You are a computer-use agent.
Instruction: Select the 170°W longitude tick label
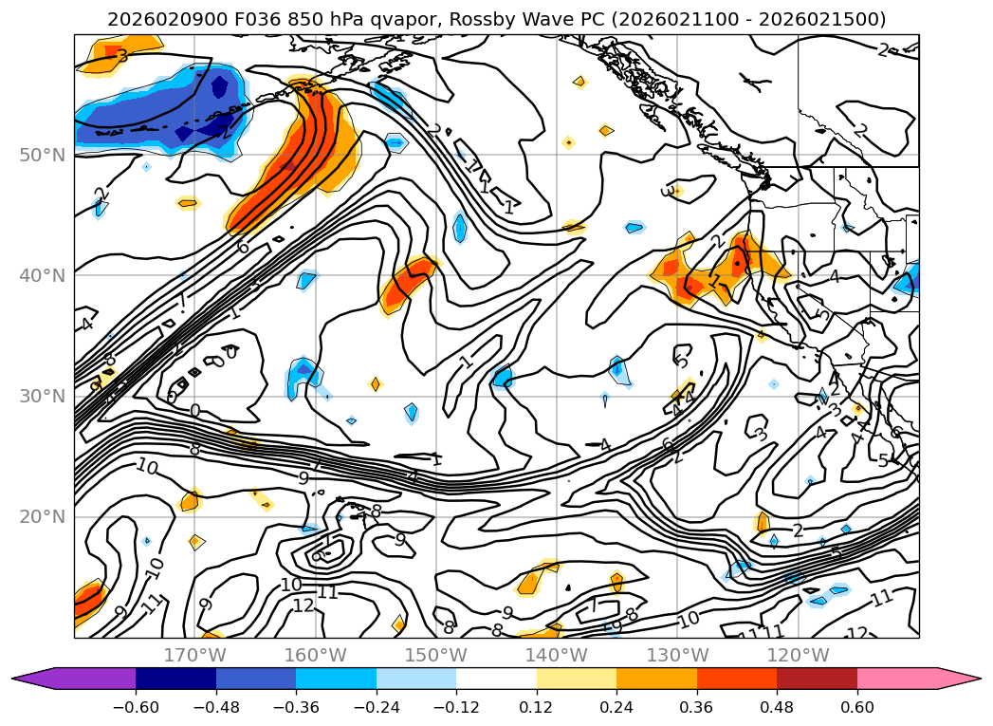pos(194,655)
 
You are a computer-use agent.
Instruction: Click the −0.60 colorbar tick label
pos(136,707)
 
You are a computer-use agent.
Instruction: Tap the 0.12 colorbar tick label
pos(537,707)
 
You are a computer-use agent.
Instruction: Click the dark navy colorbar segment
pos(175,678)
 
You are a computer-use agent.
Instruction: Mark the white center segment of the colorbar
pos(496,678)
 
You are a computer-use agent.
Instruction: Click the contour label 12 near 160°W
pos(303,605)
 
